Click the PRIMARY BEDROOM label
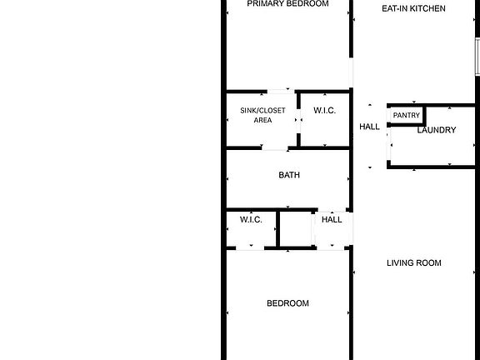point(287,3)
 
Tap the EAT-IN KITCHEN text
point(413,8)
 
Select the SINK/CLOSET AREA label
point(262,115)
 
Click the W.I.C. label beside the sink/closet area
point(324,111)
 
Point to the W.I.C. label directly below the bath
point(251,219)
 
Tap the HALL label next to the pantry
point(369,127)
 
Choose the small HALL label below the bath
point(332,219)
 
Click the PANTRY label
point(406,115)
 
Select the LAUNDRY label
point(437,130)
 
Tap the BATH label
point(289,175)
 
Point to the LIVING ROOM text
point(414,263)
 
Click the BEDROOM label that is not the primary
point(287,303)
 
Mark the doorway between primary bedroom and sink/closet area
point(281,92)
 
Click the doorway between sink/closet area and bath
point(275,148)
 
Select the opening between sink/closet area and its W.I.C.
point(298,120)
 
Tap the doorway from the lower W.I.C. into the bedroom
point(250,248)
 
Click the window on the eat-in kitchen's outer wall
point(477,57)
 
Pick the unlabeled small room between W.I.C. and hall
point(296,229)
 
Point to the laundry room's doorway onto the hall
point(389,144)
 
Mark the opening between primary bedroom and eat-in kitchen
point(351,72)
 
